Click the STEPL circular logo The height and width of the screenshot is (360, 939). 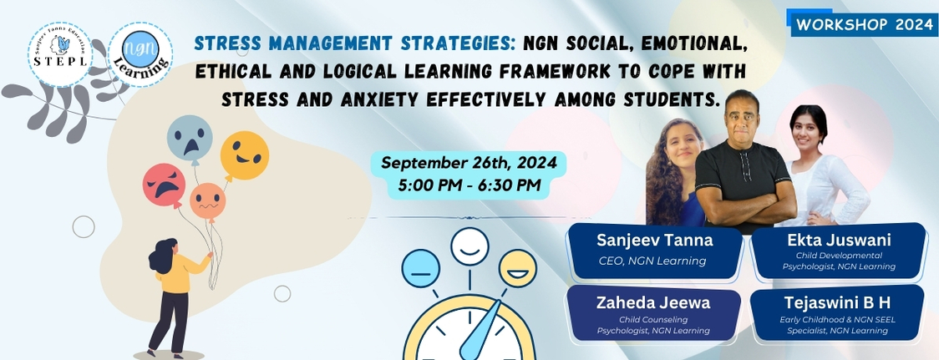point(60,54)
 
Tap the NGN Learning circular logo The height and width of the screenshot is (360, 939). point(140,54)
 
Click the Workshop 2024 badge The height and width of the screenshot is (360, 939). point(864,24)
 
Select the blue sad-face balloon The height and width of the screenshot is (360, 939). point(190,138)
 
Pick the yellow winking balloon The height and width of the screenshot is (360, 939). point(244,155)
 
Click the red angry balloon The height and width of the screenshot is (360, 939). point(164,185)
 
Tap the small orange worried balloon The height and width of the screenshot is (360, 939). point(208,202)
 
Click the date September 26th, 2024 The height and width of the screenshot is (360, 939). point(469,162)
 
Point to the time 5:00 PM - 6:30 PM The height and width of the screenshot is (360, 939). point(469,185)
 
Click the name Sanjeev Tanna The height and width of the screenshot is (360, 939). point(655,241)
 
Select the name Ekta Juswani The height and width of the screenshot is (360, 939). point(839,241)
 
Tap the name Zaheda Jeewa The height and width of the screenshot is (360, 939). point(653,303)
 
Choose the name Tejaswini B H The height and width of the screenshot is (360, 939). point(838,303)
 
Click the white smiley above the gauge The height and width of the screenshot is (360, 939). point(470,246)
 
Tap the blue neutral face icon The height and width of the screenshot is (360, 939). point(420,268)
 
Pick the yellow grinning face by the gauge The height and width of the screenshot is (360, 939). point(518,268)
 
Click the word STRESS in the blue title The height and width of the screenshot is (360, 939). point(221,43)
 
